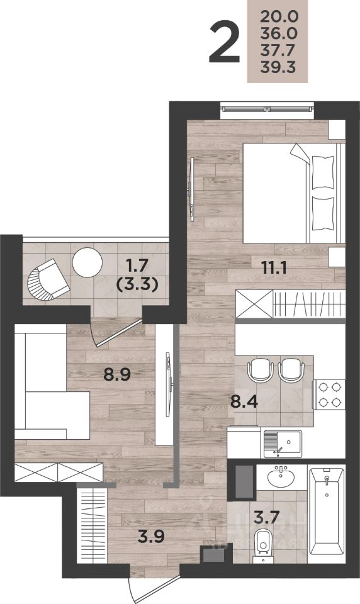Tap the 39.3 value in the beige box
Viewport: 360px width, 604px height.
coord(278,67)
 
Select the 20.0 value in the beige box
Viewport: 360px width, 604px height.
coord(279,16)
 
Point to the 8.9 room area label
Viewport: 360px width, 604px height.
coord(118,374)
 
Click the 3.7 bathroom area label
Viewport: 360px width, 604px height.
coord(266,518)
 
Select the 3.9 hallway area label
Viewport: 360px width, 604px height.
coord(152,536)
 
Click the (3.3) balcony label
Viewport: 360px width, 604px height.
coord(137,286)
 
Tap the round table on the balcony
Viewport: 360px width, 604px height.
coord(87,262)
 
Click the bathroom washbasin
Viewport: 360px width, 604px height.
coord(282,477)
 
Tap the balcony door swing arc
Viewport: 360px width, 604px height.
coord(92,332)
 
